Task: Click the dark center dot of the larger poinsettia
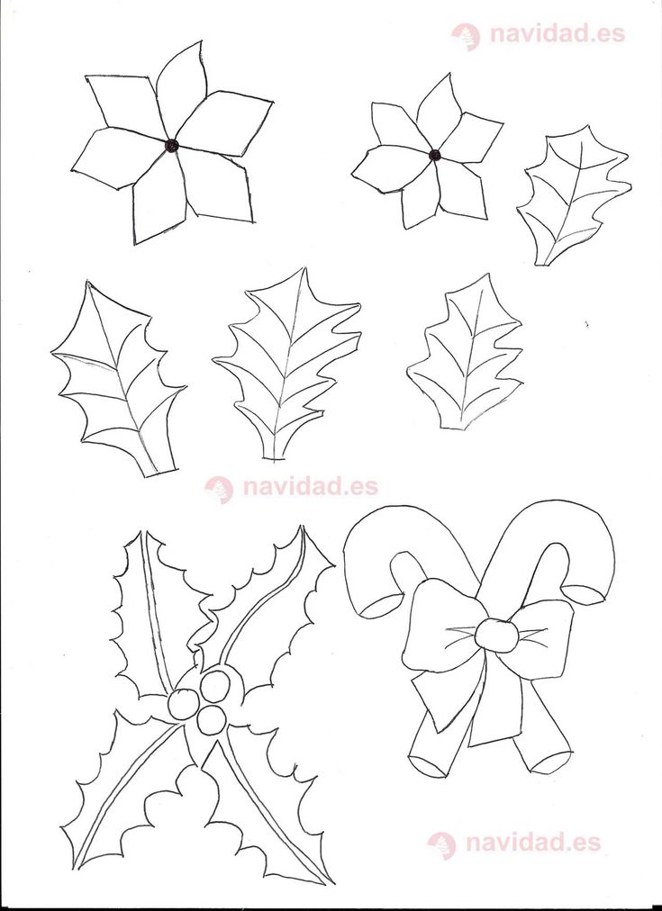(x=171, y=145)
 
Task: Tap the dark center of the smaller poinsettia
(x=435, y=155)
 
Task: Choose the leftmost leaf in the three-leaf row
(x=116, y=378)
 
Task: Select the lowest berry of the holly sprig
(x=212, y=720)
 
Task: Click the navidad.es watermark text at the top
(x=558, y=33)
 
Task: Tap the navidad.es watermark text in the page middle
(x=311, y=486)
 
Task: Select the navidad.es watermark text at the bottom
(x=533, y=842)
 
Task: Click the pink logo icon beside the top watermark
(x=467, y=37)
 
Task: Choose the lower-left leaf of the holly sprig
(x=125, y=796)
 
